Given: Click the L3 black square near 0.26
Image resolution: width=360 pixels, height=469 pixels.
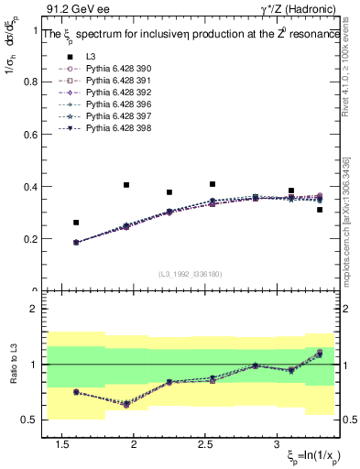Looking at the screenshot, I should point(76,223).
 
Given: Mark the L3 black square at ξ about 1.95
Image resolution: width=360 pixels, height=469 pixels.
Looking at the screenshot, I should point(126,185).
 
